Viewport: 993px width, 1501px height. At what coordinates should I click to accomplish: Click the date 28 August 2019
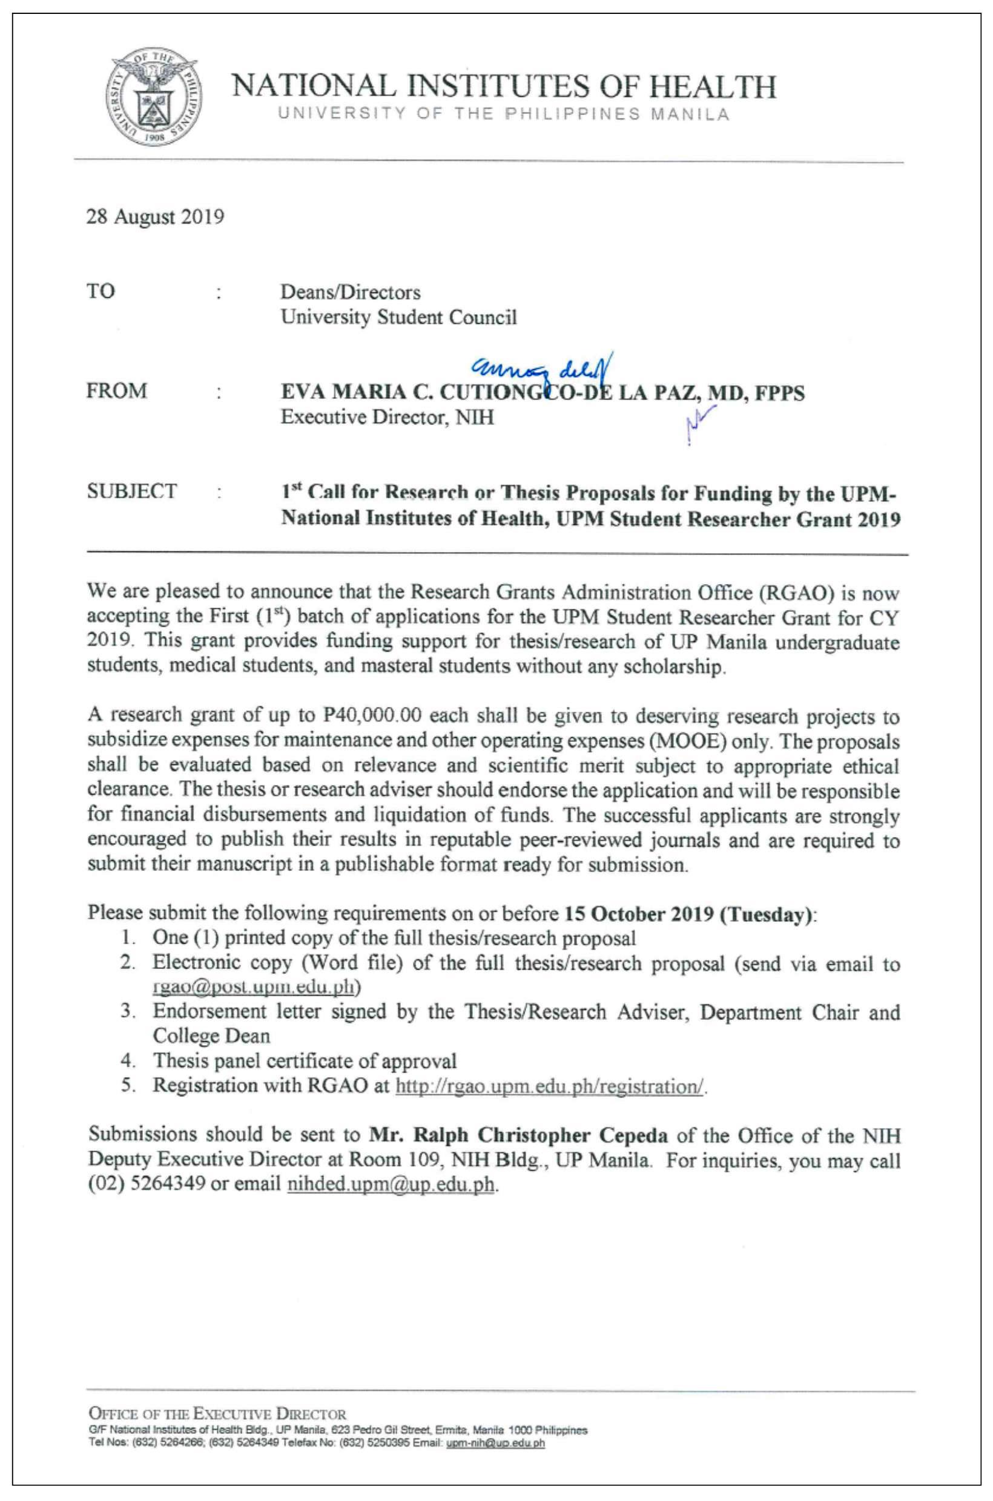tap(155, 217)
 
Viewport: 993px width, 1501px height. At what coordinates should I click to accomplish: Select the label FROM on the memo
tap(116, 390)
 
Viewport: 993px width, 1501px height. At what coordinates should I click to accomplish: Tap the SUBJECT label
tap(132, 491)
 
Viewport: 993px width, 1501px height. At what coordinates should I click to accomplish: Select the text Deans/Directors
tap(351, 292)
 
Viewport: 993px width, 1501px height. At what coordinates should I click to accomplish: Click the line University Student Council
tap(399, 317)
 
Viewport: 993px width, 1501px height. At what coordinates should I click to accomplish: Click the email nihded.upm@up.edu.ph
tap(390, 1184)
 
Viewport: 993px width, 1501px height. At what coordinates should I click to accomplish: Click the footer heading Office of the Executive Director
tap(218, 1414)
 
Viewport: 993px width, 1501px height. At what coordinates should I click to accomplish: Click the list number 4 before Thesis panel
tap(127, 1061)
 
